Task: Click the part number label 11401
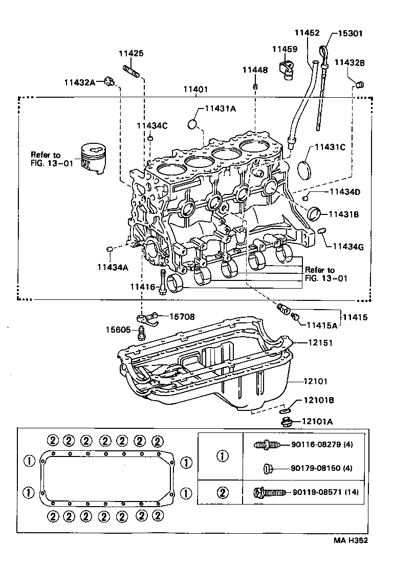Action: coord(195,89)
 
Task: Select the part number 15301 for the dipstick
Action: coord(350,33)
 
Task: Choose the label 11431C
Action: coord(330,147)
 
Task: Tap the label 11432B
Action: coord(350,62)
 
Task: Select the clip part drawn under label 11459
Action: coord(286,68)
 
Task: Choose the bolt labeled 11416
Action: coord(162,281)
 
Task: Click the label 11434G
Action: coord(347,247)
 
